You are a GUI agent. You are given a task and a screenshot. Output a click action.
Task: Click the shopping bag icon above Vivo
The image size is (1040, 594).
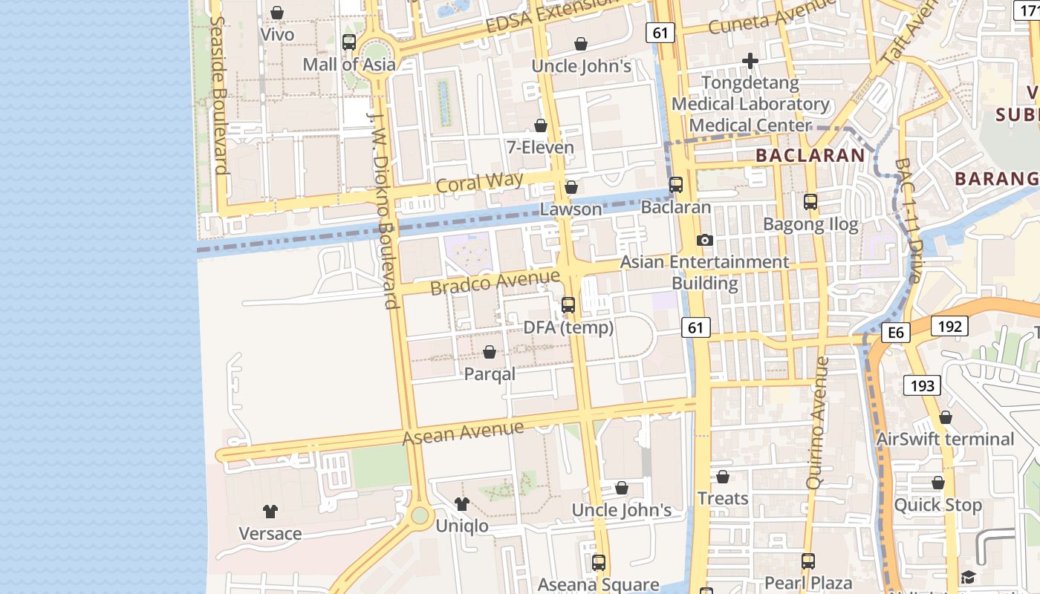tap(277, 13)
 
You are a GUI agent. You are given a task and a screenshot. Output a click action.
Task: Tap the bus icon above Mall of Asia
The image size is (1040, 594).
tap(348, 42)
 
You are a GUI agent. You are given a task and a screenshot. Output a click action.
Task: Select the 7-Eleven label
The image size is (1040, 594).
tap(540, 147)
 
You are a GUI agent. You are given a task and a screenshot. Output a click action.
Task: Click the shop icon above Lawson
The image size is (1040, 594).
tap(571, 187)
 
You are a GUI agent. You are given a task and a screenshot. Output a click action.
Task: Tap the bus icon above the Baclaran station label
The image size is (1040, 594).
tap(676, 185)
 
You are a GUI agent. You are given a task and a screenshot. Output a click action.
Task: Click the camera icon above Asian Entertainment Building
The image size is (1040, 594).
tap(704, 240)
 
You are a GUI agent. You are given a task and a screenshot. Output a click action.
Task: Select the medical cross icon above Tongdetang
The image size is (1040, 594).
tap(750, 60)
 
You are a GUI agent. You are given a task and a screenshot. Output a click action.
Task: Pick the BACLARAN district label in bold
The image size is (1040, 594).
tap(810, 155)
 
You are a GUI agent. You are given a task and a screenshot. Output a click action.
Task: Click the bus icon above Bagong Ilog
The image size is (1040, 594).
tap(810, 201)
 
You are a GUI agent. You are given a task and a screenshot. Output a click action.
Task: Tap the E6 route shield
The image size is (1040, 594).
tap(896, 333)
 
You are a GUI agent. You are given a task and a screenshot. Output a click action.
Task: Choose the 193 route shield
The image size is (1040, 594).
tap(922, 385)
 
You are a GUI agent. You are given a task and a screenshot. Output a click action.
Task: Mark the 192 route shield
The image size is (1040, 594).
tap(949, 326)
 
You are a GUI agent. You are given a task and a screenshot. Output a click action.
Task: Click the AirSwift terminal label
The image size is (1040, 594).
tap(945, 439)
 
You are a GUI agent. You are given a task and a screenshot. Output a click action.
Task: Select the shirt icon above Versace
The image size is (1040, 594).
tap(270, 512)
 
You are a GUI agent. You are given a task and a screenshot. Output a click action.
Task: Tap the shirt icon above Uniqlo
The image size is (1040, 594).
tap(462, 504)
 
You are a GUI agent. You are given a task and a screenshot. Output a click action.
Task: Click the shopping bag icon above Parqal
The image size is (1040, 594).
tap(490, 352)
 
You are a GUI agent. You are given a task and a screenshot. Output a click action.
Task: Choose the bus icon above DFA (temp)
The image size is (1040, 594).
tap(568, 304)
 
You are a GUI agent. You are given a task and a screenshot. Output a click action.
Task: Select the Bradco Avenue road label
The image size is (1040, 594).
tap(495, 282)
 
